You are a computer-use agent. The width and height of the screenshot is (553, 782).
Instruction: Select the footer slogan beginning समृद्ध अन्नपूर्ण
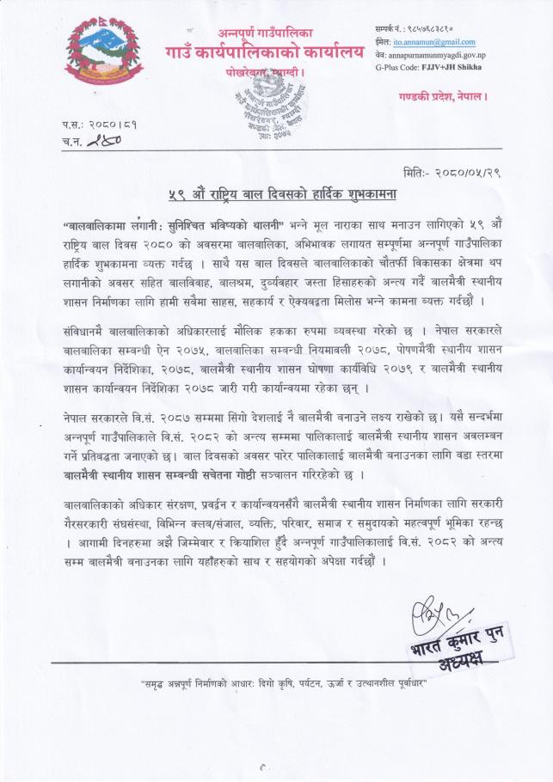(276, 684)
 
